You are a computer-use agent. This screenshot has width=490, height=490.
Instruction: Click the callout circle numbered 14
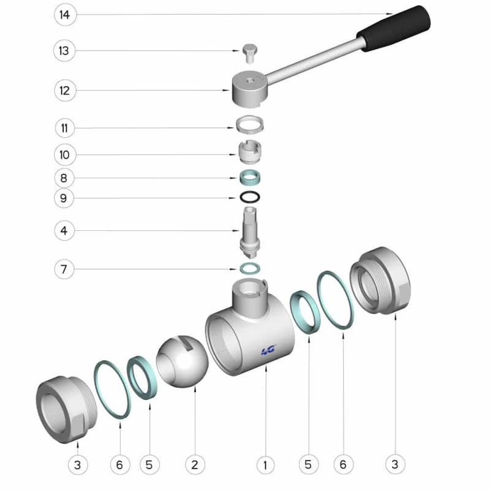pyautogui.click(x=65, y=15)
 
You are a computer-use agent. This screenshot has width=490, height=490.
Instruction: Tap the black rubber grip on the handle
pyautogui.click(x=394, y=28)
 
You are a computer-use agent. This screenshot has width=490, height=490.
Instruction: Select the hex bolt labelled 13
pyautogui.click(x=250, y=53)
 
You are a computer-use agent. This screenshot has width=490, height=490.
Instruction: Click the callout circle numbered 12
pyautogui.click(x=65, y=91)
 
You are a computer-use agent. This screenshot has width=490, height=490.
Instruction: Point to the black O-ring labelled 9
pyautogui.click(x=250, y=197)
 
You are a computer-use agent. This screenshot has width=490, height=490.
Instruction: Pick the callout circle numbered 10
pyautogui.click(x=65, y=155)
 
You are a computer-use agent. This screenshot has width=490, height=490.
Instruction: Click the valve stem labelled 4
pyautogui.click(x=250, y=232)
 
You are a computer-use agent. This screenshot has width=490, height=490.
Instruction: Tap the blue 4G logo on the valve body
pyautogui.click(x=268, y=350)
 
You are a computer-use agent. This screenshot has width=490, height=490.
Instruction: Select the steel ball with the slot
pyautogui.click(x=182, y=361)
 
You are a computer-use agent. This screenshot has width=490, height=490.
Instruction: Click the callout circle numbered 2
pyautogui.click(x=195, y=465)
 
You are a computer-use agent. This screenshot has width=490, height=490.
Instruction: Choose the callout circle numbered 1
pyautogui.click(x=265, y=465)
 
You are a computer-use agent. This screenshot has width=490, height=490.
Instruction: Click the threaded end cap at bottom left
pyautogui.click(x=67, y=409)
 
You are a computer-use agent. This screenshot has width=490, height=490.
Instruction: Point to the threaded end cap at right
pyautogui.click(x=380, y=281)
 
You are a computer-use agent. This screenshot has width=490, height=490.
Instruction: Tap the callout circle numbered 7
pyautogui.click(x=64, y=269)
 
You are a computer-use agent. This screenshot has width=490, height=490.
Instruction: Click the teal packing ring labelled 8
pyautogui.click(x=250, y=177)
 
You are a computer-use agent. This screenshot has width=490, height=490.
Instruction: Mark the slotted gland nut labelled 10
pyautogui.click(x=250, y=152)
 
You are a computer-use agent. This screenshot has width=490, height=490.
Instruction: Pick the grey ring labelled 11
pyautogui.click(x=250, y=124)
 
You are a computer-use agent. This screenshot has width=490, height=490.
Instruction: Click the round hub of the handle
pyautogui.click(x=250, y=88)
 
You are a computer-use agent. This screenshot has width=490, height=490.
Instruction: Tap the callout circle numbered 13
pyautogui.click(x=64, y=51)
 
